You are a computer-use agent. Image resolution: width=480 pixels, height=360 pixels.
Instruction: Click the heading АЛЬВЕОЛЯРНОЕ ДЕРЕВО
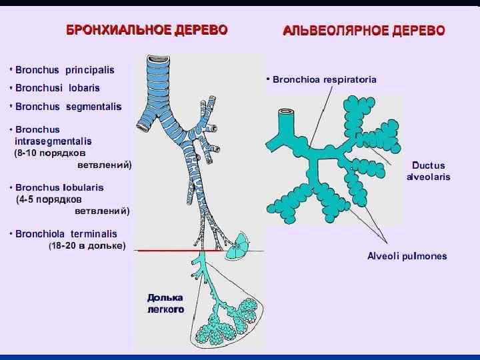coord(365,31)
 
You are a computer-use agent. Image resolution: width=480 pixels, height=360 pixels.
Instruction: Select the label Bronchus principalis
coord(65,69)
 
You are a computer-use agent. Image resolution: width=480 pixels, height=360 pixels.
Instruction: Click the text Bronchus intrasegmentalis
coord(53,135)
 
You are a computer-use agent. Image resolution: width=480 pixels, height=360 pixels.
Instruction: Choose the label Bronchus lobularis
coord(59,187)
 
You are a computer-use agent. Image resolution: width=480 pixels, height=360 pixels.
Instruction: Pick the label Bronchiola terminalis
coord(66,234)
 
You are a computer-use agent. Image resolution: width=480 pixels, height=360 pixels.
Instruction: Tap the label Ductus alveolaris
coord(429,171)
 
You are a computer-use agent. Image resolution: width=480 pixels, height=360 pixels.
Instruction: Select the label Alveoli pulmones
coord(407,256)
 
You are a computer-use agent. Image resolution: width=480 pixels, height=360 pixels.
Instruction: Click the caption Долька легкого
coord(165,303)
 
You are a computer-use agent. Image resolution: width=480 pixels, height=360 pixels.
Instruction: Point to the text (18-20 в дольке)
coord(87,246)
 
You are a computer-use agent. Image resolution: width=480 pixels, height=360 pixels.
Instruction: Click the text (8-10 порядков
coord(54,152)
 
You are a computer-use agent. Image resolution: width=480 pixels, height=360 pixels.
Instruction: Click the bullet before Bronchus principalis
coord(11,69)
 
